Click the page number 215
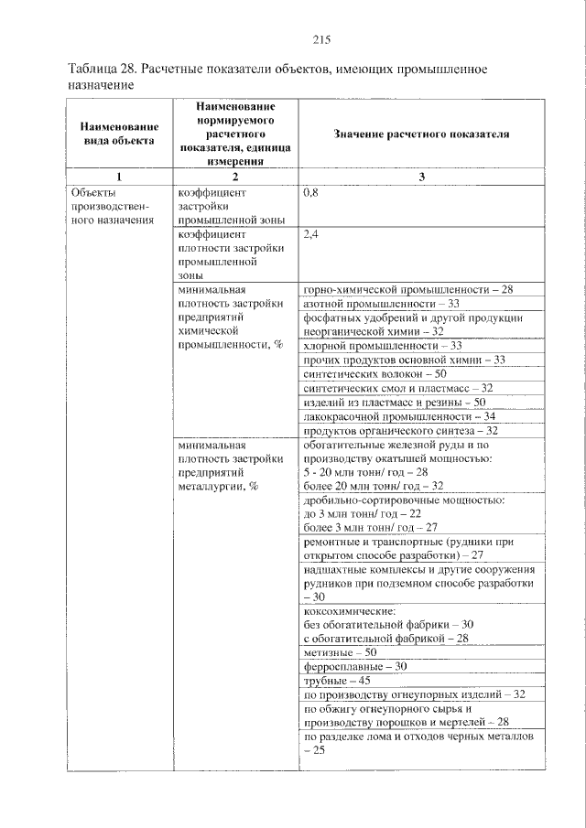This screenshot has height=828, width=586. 320,38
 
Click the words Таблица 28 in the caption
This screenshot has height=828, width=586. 104,70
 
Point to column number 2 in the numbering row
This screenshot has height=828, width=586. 235,177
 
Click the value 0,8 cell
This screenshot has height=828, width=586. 312,194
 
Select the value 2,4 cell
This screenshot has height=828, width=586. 312,234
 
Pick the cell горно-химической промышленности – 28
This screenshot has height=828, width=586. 408,289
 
